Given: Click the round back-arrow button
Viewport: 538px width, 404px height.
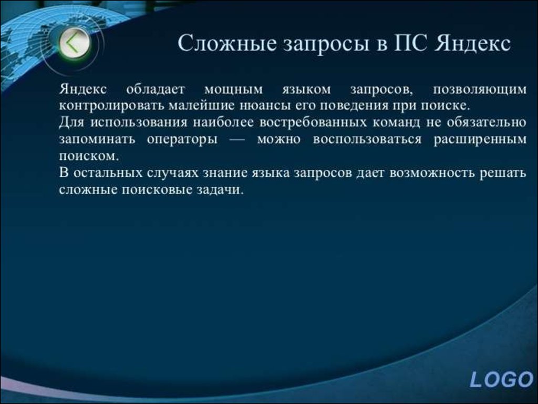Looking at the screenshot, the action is coord(75,43).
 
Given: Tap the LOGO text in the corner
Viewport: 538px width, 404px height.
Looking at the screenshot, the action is coord(501,380).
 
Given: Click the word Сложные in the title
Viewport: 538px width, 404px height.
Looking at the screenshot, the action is coord(227,43).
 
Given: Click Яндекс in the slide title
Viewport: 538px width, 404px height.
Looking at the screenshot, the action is coord(472,44).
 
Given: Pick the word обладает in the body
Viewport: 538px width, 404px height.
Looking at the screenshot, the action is coord(156,89).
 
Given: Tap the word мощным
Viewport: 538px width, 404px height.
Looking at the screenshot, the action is coord(234,89).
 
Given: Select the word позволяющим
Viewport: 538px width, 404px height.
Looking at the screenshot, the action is coord(480,89).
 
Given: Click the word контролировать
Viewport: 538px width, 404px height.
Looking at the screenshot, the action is coord(111,105).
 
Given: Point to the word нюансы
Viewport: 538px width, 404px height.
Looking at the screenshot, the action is coord(265,105).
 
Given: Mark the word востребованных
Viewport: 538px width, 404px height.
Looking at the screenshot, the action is coord(313,122).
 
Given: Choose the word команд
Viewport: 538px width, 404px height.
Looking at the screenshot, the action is coord(396,122).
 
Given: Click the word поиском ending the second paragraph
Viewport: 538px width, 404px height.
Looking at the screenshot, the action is coord(89,156).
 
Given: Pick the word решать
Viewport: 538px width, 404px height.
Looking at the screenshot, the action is coord(503,173).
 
